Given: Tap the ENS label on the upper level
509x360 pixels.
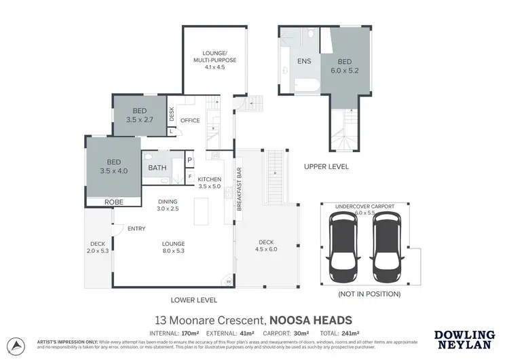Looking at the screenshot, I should coord(304,61).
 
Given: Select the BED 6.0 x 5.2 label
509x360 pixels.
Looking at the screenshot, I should coord(346,64).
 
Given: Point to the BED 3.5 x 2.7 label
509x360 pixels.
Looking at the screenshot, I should coord(140,115).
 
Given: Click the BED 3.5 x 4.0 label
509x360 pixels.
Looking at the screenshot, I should coord(113,167).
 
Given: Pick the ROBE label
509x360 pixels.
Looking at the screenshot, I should coord(113,202).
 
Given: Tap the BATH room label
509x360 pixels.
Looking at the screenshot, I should coord(157,167).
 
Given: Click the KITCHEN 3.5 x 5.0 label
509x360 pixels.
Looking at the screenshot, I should coord(210,183).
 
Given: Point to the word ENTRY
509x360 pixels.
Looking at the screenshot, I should coord(136,229).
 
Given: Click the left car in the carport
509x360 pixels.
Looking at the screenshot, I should coord(343,247).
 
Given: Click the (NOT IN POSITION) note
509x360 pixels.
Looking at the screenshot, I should coord(369,294).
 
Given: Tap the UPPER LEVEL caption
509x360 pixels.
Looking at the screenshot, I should coord(326,166).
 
